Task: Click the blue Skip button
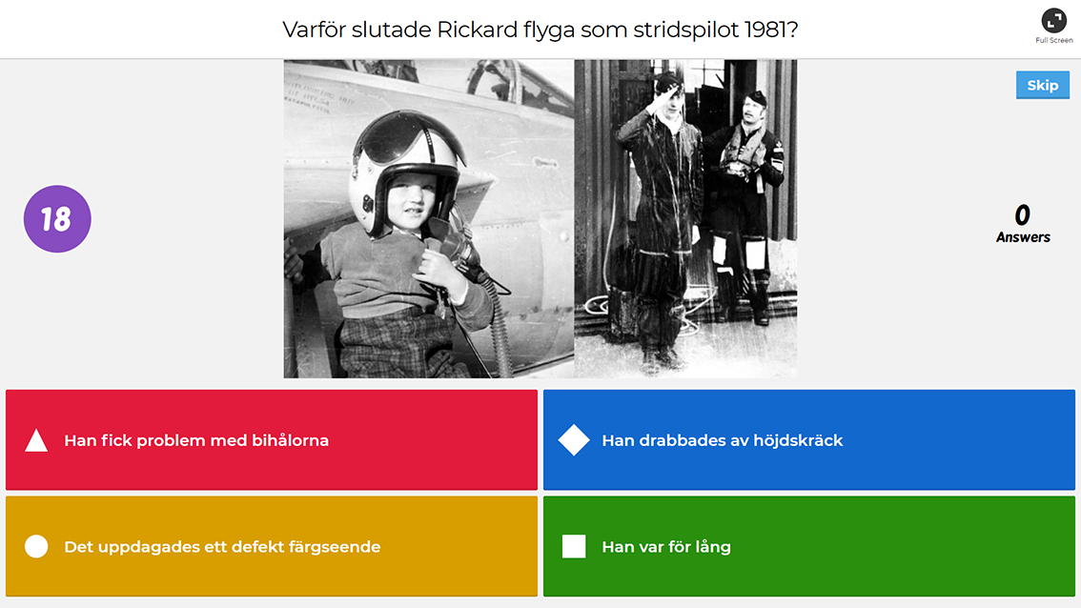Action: point(1043,85)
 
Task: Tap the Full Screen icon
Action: point(1053,21)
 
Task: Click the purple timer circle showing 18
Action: point(57,218)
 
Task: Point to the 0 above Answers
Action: point(1023,215)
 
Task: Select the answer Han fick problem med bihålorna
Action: point(272,440)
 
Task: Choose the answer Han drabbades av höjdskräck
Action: point(808,440)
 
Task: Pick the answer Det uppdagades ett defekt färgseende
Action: point(272,546)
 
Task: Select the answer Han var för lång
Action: point(808,546)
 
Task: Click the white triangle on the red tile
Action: point(36,441)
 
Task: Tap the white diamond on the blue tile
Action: point(574,440)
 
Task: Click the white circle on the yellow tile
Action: point(36,546)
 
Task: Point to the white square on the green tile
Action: point(574,546)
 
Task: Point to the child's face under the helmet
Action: point(412,200)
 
